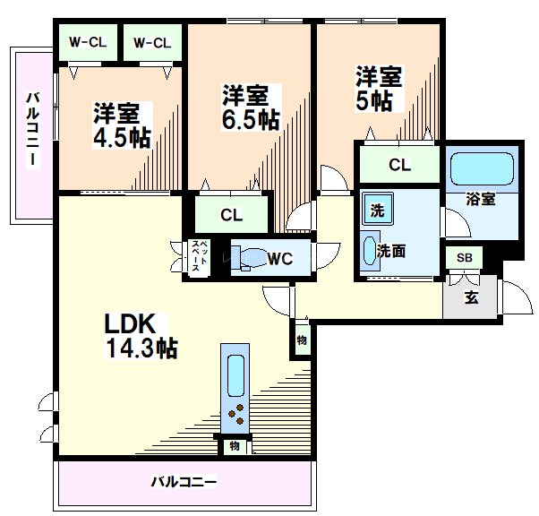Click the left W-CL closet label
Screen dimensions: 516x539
point(87,42)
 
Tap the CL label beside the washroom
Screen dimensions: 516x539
point(399,164)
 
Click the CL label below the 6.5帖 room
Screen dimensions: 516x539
point(232,215)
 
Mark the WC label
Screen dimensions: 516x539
point(280,259)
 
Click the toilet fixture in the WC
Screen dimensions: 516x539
point(250,256)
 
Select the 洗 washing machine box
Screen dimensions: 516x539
point(376,212)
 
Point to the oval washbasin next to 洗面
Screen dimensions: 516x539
point(368,251)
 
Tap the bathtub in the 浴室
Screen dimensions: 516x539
point(483,169)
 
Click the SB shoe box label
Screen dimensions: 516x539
point(464,258)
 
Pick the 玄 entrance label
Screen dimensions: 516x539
point(471,297)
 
